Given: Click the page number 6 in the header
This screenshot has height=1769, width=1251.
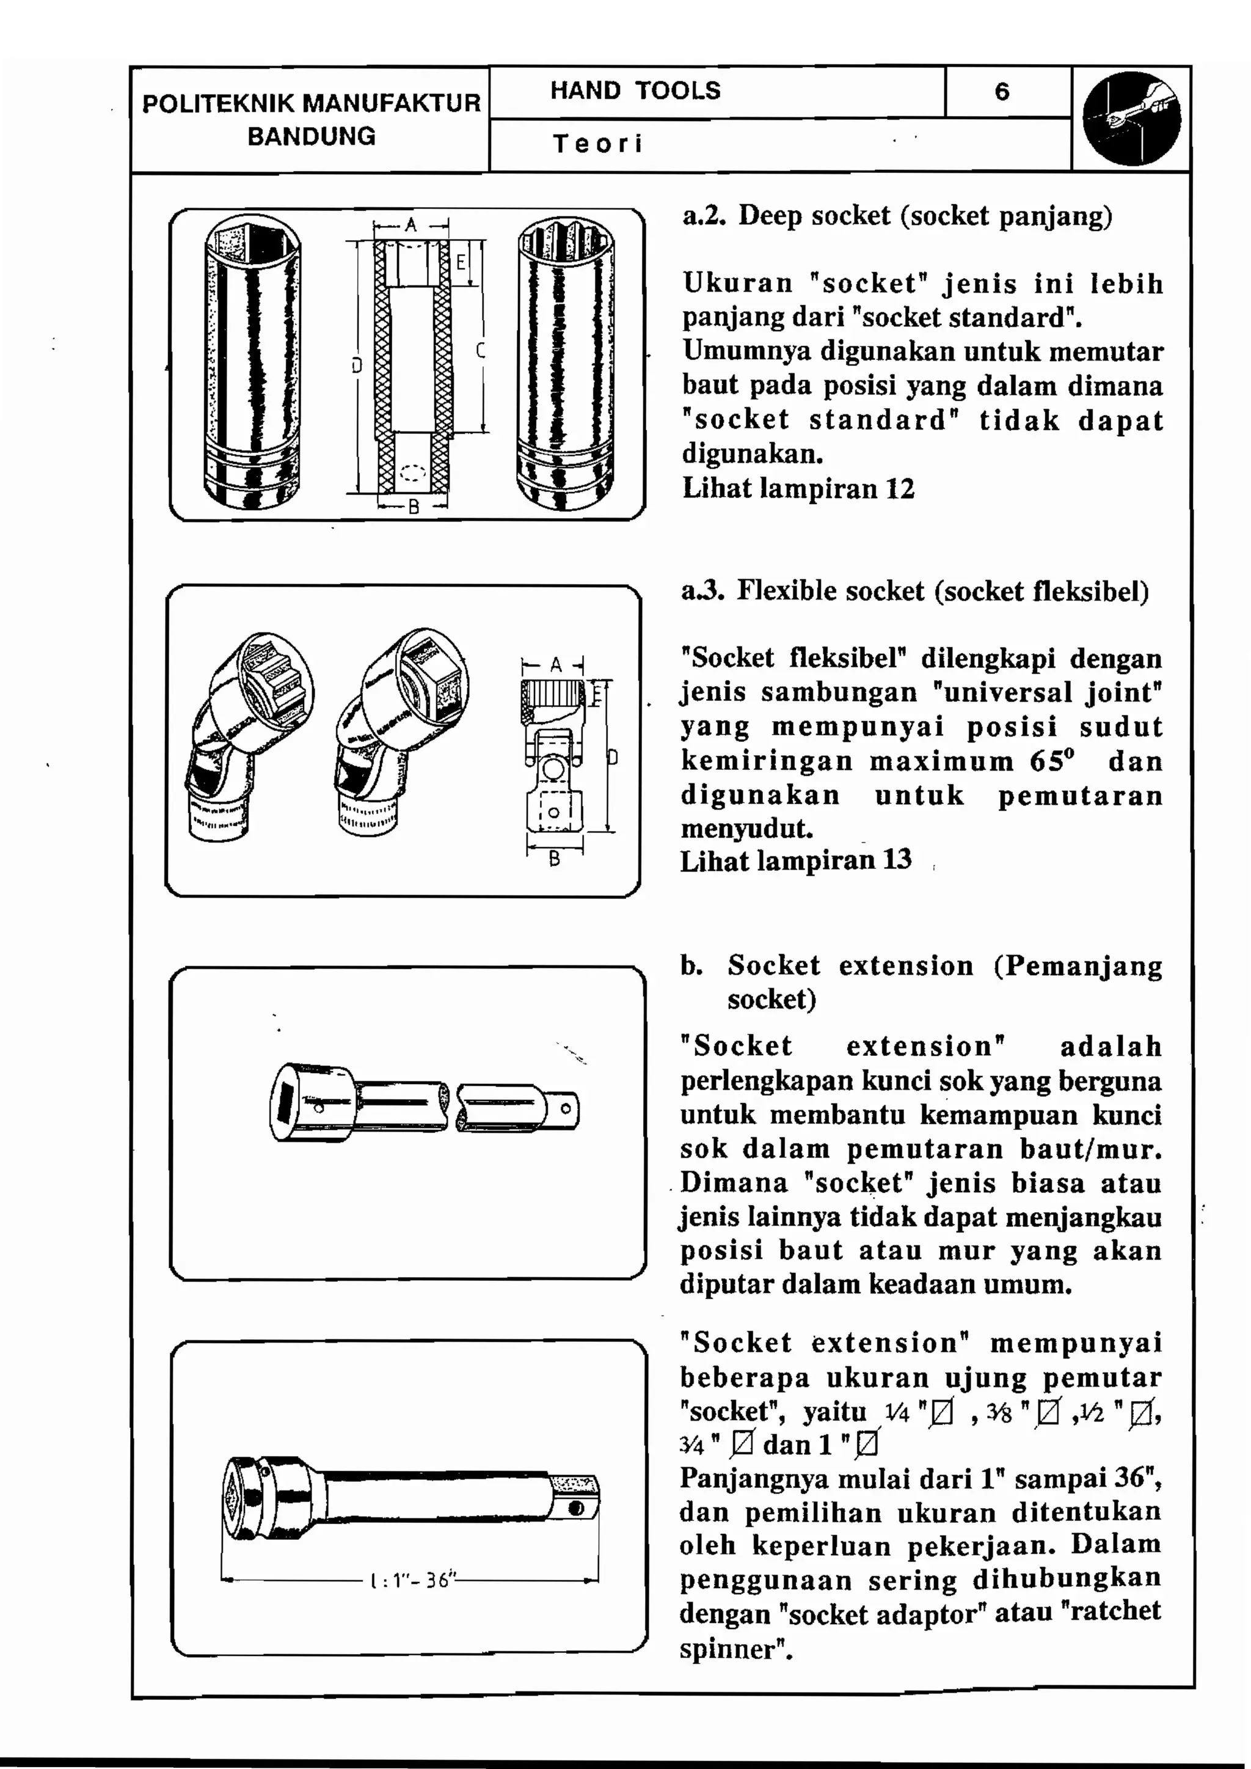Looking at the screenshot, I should [1001, 92].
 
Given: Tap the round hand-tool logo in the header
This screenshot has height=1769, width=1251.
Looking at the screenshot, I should [1131, 119].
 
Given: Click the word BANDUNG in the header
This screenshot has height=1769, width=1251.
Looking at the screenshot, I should [311, 136].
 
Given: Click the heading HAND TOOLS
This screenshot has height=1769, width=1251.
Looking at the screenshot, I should [635, 90].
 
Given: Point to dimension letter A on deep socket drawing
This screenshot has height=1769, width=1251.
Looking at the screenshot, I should [410, 224].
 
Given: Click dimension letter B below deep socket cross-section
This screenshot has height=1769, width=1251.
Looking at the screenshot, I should [413, 507].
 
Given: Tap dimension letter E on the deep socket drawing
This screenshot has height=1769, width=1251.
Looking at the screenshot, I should [461, 262].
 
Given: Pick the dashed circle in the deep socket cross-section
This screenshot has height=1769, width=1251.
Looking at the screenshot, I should [413, 472].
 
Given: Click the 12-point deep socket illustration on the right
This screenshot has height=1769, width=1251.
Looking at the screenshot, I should [566, 364].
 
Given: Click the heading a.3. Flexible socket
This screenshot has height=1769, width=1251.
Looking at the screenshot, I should [914, 591].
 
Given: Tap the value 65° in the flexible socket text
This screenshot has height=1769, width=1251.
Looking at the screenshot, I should [1051, 761].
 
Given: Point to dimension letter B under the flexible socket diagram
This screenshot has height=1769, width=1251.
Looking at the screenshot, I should [554, 859].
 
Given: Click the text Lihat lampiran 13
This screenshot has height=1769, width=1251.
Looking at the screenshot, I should [796, 860].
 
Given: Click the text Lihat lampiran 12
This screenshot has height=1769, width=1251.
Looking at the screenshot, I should [798, 488].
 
